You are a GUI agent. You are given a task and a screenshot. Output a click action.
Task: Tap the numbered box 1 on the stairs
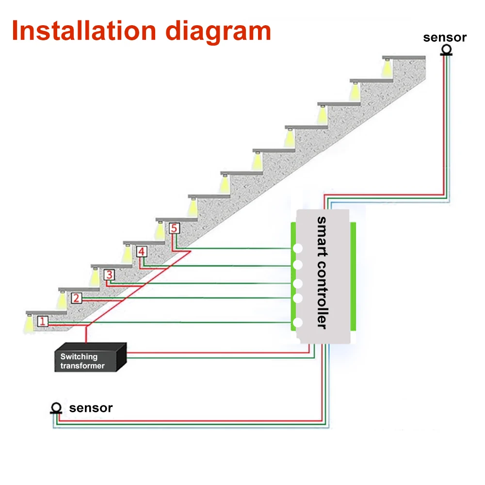[x=43, y=321]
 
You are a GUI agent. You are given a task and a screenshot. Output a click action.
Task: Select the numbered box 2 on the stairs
[x=76, y=298]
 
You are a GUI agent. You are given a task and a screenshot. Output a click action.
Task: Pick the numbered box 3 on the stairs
[x=109, y=275]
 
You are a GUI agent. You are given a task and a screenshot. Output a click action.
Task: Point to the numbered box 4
[x=141, y=252]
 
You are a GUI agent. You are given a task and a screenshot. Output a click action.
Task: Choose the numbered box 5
[x=174, y=228]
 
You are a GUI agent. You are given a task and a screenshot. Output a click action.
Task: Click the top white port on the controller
[x=297, y=248]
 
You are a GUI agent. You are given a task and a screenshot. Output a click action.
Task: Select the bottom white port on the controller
[x=298, y=323]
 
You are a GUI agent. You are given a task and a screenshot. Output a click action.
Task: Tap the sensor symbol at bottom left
[x=56, y=408]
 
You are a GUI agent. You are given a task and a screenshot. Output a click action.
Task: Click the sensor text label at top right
[x=444, y=37]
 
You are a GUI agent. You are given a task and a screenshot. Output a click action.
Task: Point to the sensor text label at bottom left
[x=91, y=408]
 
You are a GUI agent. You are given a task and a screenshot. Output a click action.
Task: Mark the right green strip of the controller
[x=353, y=276]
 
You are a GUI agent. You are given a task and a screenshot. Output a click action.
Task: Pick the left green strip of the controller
[x=293, y=276]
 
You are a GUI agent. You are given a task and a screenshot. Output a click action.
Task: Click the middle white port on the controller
[x=298, y=283]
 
